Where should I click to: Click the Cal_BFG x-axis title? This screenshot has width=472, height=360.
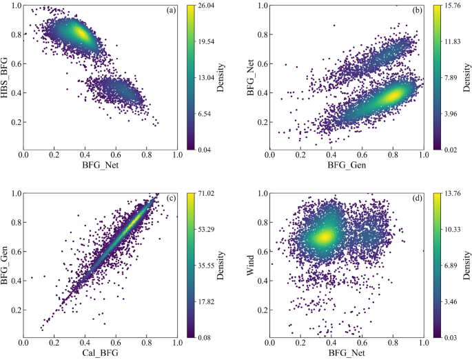point(101,354)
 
